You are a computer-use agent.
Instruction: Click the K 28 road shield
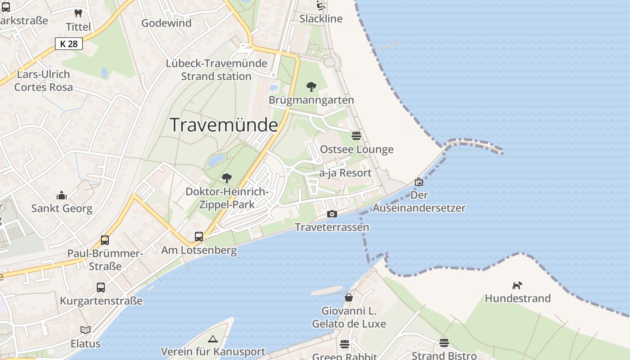click(69, 44)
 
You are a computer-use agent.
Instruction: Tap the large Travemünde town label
click(224, 125)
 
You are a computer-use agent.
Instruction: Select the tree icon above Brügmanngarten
click(311, 87)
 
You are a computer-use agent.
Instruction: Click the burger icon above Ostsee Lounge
click(356, 135)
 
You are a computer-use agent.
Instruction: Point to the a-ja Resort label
click(345, 173)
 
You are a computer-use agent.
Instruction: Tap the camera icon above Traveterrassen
click(332, 214)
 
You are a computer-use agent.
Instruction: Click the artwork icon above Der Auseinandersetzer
click(419, 182)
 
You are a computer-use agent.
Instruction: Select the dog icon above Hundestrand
click(517, 285)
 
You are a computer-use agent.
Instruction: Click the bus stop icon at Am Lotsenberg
click(198, 236)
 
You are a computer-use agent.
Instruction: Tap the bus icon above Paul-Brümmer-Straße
click(105, 240)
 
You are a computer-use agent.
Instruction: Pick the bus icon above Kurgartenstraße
click(101, 287)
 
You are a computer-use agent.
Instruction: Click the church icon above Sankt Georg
click(62, 195)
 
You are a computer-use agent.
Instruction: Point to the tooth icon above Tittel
click(78, 13)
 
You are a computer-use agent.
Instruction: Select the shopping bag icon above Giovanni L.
click(349, 297)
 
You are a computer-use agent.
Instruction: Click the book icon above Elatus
click(85, 330)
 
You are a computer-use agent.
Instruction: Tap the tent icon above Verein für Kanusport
click(213, 338)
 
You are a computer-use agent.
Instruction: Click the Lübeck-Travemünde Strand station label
click(216, 70)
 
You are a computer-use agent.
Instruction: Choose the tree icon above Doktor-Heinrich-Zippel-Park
click(227, 178)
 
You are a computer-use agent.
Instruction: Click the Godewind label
click(166, 23)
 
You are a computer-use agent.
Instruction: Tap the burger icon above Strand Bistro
click(444, 343)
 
